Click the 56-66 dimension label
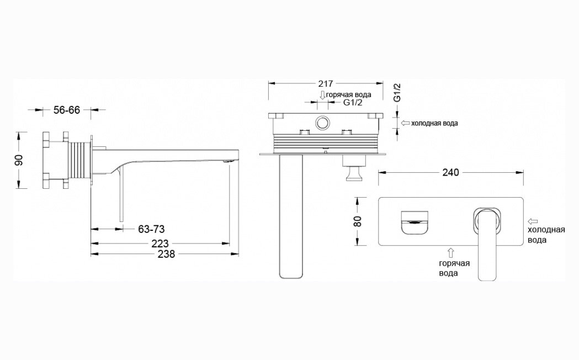coord(66,110)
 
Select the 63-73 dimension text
coord(151,229)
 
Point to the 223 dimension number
coord(160,243)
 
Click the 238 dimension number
coord(167,254)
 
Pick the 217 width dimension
coord(325,84)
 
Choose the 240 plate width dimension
coord(450,172)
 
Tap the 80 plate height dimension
coord(358,221)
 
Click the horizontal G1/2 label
coord(353,103)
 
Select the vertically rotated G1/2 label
coord(397,93)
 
